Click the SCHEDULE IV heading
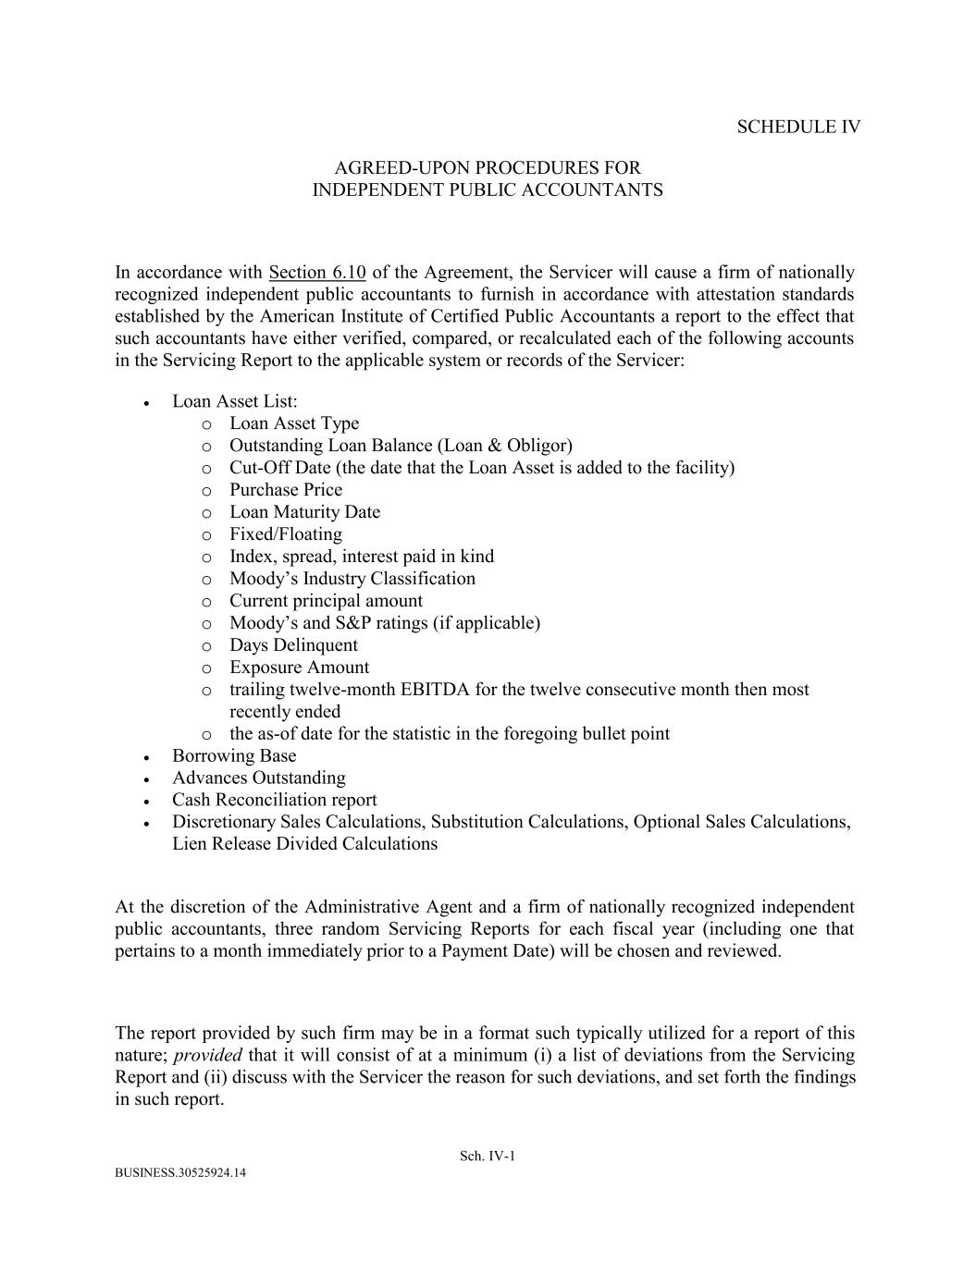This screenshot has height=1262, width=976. [x=798, y=128]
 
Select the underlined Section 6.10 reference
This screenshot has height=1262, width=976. [x=317, y=273]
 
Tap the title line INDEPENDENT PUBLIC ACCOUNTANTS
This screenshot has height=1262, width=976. [x=488, y=190]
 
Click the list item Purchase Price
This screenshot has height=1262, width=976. [x=286, y=490]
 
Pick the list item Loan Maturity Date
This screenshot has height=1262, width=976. [x=304, y=512]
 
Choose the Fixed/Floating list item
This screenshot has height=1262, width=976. [x=286, y=534]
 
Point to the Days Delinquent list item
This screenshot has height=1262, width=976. [x=293, y=645]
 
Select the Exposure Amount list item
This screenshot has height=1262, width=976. [x=299, y=668]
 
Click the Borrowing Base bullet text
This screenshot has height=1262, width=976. [x=234, y=755]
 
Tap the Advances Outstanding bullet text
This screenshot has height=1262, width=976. [x=259, y=778]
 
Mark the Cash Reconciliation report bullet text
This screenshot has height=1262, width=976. [x=275, y=800]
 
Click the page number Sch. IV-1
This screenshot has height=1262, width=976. [x=488, y=1156]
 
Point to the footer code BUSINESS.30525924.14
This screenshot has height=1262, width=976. [x=180, y=1173]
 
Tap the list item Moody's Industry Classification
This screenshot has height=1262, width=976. [x=352, y=579]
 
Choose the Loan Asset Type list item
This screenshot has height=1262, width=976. [x=294, y=423]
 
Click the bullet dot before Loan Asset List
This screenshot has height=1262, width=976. [x=147, y=403]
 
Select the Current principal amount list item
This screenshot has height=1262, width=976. [x=326, y=601]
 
